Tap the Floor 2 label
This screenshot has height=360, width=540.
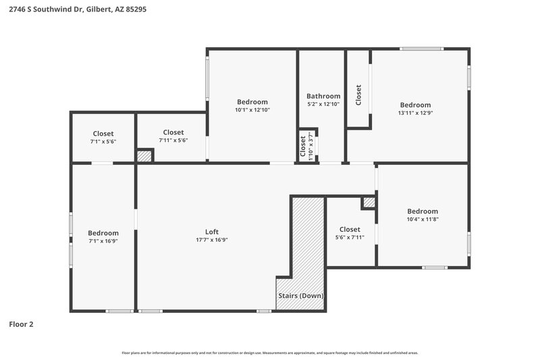pos(21,324)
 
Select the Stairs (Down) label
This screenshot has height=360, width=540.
pos(301,296)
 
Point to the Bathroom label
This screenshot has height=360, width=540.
pos(323,96)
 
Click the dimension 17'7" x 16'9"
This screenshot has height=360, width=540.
pos(212,240)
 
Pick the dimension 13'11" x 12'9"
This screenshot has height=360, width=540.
pos(415,113)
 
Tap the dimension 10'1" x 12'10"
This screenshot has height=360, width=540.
pos(252,109)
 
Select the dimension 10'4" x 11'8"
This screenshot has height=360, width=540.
pos(422,219)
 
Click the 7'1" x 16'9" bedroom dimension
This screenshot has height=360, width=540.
pos(103,241)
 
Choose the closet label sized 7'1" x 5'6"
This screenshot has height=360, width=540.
pos(103,133)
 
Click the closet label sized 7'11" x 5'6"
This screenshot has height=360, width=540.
pos(173,132)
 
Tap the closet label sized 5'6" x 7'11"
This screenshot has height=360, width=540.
pos(350,229)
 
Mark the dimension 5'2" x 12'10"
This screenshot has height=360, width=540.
pos(323,104)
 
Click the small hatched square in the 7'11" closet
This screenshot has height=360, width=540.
pos(144,156)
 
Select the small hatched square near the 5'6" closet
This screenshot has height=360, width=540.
pos(369,202)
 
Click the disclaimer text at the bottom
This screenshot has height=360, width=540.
pos(270,353)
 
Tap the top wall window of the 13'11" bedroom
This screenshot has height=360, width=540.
pos(422,49)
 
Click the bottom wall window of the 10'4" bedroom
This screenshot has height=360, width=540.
pos(435,267)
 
